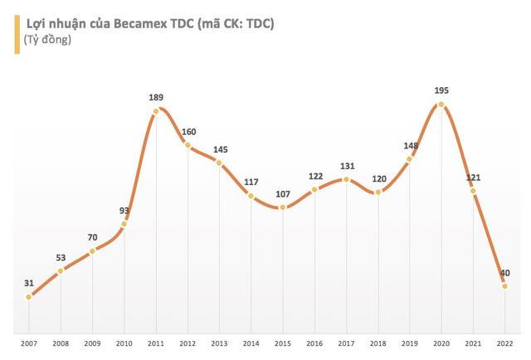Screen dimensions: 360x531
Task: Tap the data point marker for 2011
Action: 156,109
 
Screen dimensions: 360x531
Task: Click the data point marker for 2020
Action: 441,105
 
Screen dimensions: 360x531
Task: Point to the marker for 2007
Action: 29,296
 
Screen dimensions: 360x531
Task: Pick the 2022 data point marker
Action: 504,286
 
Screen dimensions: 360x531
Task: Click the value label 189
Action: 156,96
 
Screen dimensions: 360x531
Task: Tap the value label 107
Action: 283,193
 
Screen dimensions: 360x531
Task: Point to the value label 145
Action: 220,149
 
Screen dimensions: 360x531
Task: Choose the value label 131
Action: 346,165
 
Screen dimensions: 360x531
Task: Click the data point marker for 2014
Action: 251,196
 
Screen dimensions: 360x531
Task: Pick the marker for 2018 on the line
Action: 378,192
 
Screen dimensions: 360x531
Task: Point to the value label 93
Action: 124,211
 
